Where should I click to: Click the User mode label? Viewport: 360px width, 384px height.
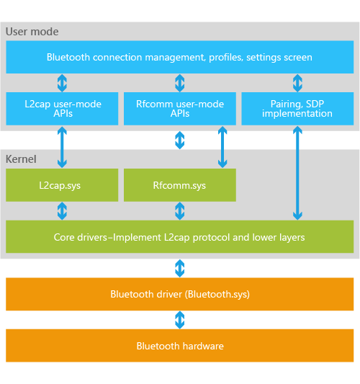[32, 32]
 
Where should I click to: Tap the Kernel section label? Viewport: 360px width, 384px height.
[21, 159]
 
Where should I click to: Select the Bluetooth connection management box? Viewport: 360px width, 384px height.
[179, 57]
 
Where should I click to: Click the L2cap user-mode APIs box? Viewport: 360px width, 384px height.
[62, 109]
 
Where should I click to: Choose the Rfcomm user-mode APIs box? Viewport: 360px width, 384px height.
[180, 109]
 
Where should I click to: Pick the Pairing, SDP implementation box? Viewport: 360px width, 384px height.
[297, 109]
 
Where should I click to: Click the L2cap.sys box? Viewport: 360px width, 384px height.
[62, 185]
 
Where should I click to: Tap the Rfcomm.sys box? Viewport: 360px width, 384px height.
[180, 185]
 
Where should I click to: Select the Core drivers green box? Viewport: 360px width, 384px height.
[179, 236]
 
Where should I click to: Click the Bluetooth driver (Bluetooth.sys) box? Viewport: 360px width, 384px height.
[179, 294]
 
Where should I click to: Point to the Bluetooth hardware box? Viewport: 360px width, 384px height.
[179, 346]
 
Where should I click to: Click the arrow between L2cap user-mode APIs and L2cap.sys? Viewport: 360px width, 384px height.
[62, 147]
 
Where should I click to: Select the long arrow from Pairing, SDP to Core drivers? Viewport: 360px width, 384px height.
[297, 173]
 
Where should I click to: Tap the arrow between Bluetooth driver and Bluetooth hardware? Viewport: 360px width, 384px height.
[180, 320]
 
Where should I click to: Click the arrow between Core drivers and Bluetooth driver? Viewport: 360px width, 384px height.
[180, 268]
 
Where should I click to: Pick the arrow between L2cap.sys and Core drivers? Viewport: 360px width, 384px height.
[62, 211]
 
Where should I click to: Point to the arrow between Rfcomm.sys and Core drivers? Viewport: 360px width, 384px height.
[180, 211]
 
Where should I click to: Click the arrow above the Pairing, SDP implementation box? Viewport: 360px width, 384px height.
[297, 83]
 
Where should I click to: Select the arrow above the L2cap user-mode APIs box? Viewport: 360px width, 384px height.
[62, 83]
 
